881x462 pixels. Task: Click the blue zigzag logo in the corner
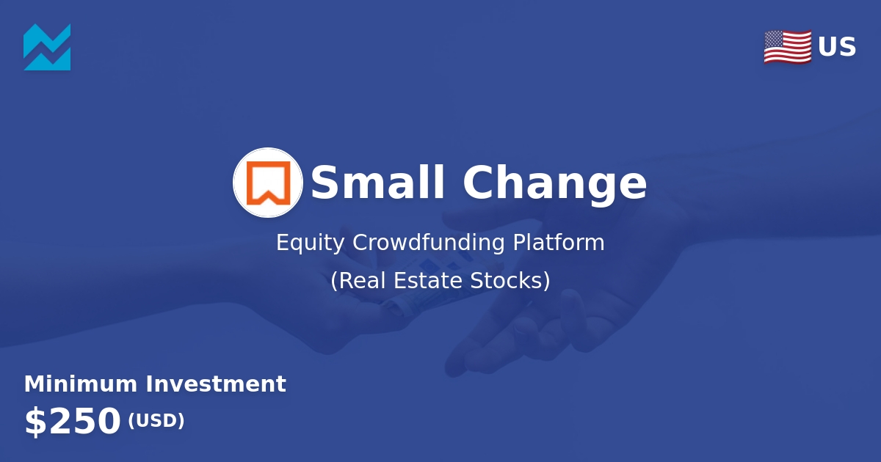47,47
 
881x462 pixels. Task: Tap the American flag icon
787,47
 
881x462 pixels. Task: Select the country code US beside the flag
837,48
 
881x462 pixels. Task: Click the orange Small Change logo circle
268,183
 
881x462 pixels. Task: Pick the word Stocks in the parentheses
510,281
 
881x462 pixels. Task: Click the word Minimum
81,384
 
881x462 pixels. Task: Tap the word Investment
216,384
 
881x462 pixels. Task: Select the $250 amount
72,422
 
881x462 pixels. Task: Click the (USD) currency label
156,421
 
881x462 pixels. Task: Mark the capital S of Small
325,183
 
